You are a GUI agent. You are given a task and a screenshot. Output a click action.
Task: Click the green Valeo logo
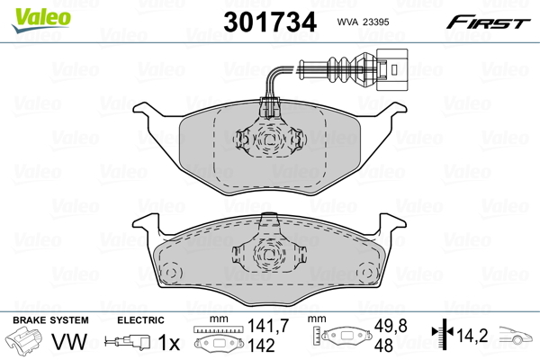41,19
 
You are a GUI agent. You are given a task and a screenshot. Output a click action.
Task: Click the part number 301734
270,22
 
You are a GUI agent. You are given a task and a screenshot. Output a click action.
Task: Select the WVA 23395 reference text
363,22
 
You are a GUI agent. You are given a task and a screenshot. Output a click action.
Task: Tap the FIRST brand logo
488,22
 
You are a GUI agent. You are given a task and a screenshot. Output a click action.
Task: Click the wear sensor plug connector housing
391,69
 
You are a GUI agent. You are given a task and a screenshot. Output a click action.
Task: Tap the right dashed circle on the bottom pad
366,273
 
